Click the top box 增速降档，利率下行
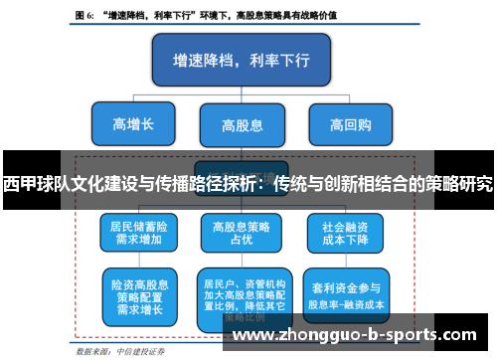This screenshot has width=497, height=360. click(x=242, y=60)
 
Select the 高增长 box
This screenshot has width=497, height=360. click(x=133, y=124)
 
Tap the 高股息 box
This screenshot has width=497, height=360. click(x=242, y=125)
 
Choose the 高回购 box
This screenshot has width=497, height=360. click(x=350, y=124)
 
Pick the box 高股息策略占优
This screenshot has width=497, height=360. click(x=242, y=232)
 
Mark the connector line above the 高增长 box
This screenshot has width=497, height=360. click(x=133, y=101)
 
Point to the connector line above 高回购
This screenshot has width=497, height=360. click(x=350, y=101)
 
